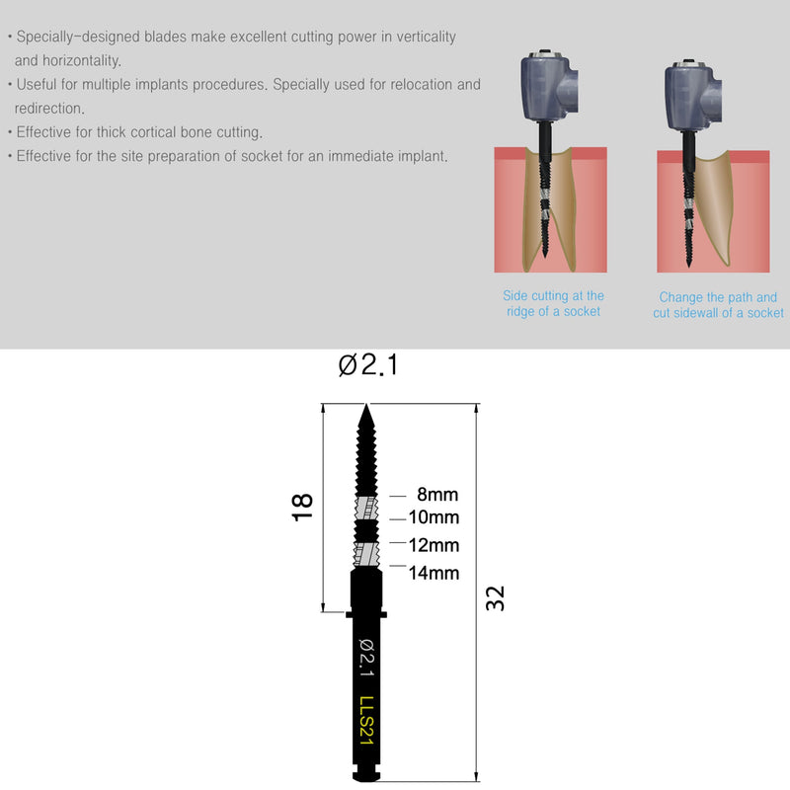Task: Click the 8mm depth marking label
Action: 436,495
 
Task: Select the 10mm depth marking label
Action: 434,517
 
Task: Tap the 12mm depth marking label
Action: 434,545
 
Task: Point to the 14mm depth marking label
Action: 434,572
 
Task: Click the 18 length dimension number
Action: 301,507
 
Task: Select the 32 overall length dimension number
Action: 496,597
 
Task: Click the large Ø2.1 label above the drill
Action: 367,365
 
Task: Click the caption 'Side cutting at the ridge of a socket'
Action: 553,303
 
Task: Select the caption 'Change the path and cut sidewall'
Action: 718,304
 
